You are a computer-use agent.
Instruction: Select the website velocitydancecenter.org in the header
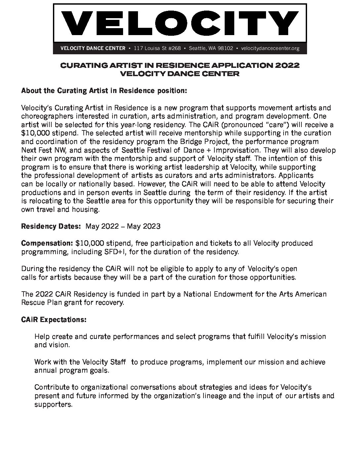[270, 48]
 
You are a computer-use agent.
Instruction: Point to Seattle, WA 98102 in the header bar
[211, 48]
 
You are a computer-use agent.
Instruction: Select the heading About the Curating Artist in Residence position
[104, 91]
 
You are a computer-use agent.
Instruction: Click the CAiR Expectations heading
[54, 320]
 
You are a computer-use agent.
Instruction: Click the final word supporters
[53, 404]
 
